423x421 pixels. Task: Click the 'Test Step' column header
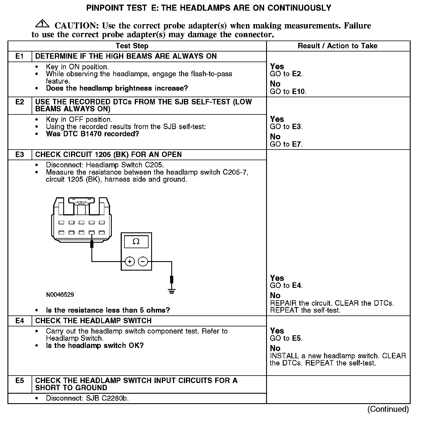tap(132, 46)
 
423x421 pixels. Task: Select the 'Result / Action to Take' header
tap(337, 46)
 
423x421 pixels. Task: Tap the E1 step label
tap(20, 56)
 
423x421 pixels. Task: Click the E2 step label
tap(20, 102)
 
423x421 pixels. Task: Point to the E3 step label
tap(20, 155)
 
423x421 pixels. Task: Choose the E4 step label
tap(20, 321)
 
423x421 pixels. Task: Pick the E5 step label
tap(20, 381)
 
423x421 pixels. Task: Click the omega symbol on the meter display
tap(136, 242)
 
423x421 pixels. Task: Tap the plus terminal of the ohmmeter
tap(130, 261)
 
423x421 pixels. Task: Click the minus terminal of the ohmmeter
tap(143, 261)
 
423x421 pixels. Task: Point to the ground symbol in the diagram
tap(172, 291)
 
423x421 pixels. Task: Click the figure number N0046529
tap(60, 295)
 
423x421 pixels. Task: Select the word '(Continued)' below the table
tap(388, 409)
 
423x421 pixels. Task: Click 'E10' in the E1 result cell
tap(299, 92)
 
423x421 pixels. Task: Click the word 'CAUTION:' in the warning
tap(77, 26)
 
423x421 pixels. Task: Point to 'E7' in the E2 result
tap(297, 144)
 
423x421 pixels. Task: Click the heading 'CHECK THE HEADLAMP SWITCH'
tap(93, 321)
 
